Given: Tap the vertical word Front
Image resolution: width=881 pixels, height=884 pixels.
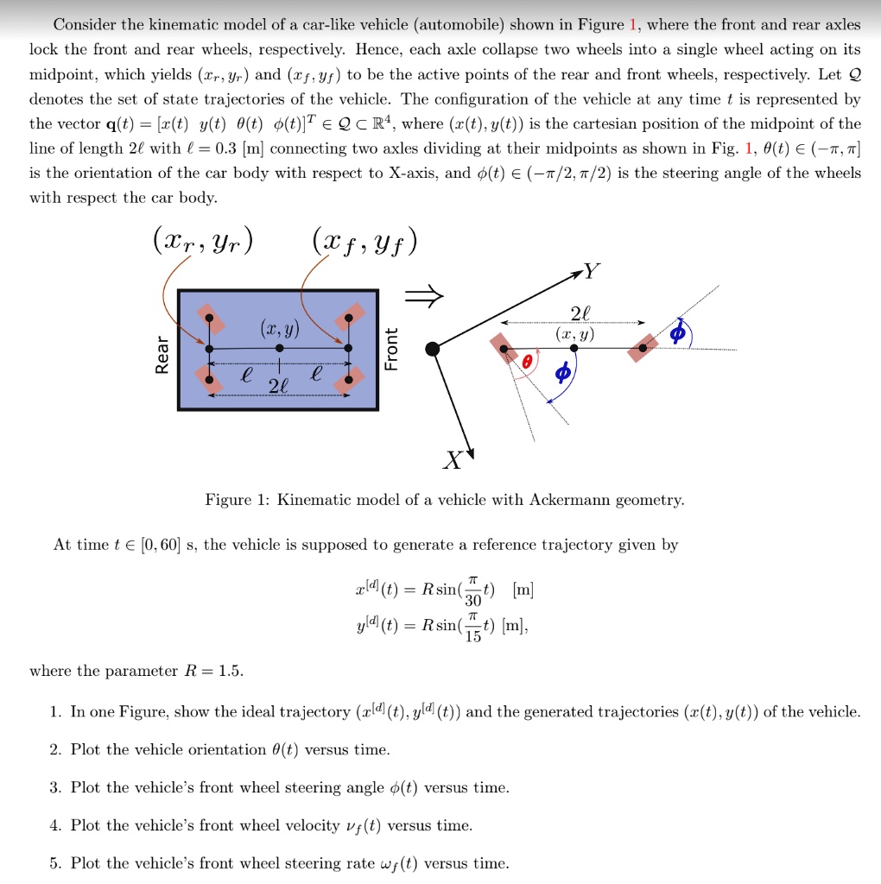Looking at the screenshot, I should coord(391,349).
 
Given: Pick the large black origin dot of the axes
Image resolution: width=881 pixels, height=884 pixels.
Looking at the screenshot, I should coord(432,348).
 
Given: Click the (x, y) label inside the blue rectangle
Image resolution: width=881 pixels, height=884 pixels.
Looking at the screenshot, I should coord(279,330).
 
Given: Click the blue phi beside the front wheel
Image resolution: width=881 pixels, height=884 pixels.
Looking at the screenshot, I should coord(678,331).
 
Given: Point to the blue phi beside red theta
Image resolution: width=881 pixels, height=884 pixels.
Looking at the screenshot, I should coord(563,374).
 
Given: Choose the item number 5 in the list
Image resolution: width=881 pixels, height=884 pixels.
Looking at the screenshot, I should coord(54,862).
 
